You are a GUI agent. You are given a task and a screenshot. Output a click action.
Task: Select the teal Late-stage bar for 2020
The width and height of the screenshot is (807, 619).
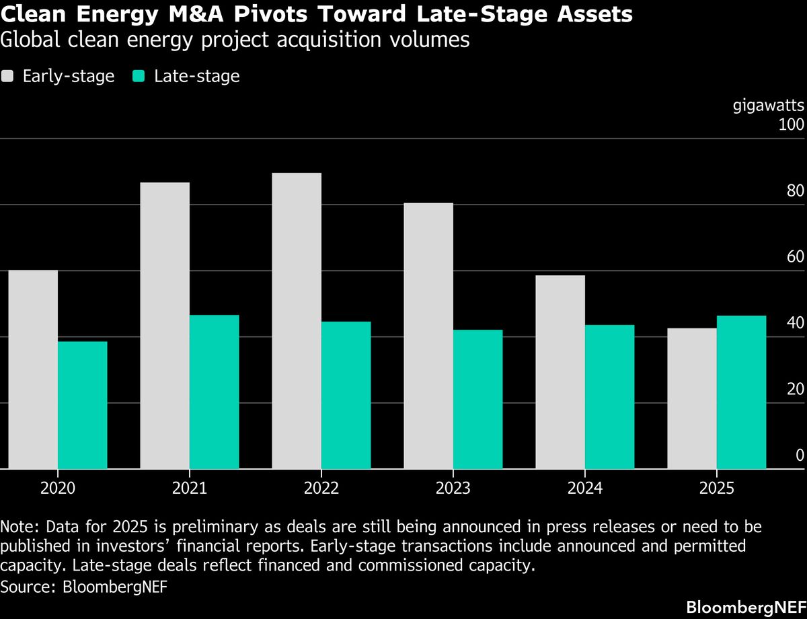pyautogui.click(x=83, y=404)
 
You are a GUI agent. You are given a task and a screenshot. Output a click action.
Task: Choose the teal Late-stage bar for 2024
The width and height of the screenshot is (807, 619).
pyautogui.click(x=610, y=396)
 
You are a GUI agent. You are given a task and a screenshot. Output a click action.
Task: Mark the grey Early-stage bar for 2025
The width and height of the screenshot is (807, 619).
pyautogui.click(x=692, y=398)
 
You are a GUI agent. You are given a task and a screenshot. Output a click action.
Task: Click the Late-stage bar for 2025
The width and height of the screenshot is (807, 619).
pyautogui.click(x=742, y=392)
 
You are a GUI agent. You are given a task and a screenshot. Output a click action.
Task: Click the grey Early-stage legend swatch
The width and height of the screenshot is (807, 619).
pyautogui.click(x=7, y=76)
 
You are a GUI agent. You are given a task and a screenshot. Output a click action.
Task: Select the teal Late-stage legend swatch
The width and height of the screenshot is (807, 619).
pyautogui.click(x=139, y=76)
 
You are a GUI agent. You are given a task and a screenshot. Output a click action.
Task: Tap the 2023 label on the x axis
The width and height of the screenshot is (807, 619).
pyautogui.click(x=453, y=488)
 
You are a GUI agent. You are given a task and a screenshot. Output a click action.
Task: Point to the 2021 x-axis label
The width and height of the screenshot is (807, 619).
pyautogui.click(x=190, y=488)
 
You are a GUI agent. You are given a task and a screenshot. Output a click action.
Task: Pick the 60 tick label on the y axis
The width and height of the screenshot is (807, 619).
pyautogui.click(x=795, y=257)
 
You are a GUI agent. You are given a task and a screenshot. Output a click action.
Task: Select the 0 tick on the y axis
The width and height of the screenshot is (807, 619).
pyautogui.click(x=800, y=456)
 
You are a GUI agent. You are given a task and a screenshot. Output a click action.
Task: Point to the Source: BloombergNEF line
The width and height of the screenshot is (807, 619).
pyautogui.click(x=84, y=586)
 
